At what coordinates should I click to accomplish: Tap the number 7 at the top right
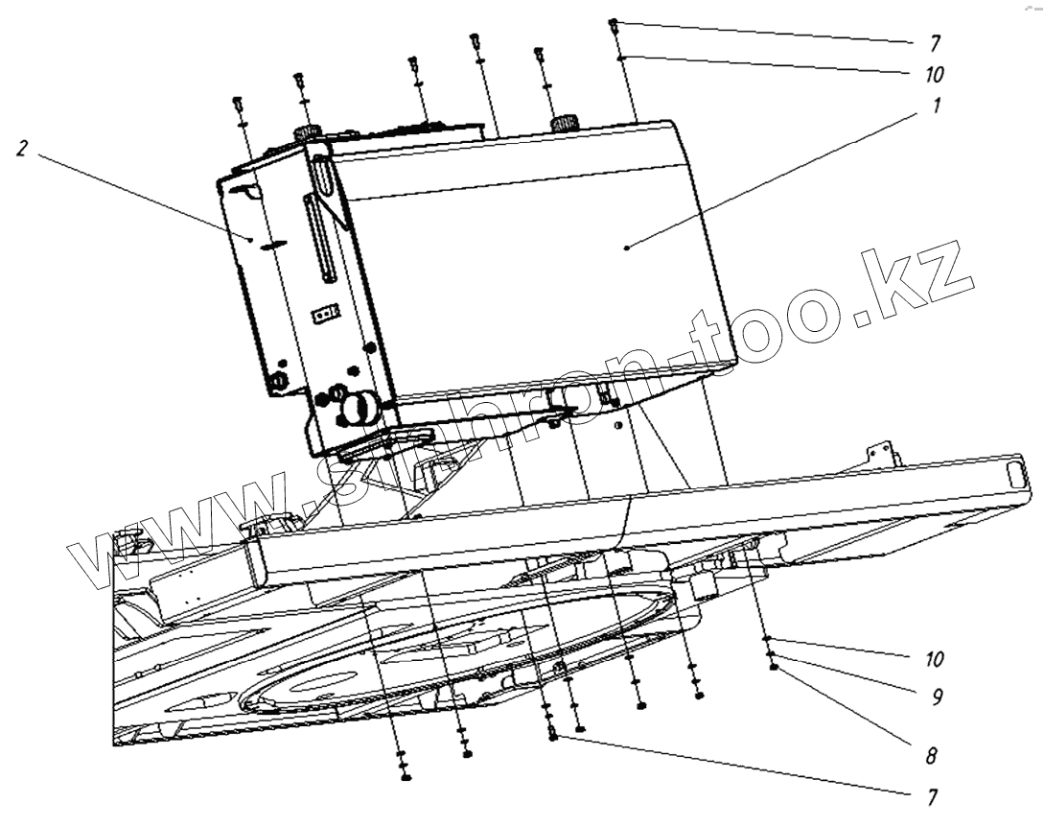(x=936, y=44)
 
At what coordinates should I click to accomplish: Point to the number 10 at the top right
(x=936, y=74)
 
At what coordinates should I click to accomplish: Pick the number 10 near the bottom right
(x=935, y=659)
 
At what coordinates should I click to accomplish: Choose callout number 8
(x=931, y=756)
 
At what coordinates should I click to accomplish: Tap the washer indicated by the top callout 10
(x=621, y=58)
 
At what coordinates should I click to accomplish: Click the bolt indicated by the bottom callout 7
(x=553, y=736)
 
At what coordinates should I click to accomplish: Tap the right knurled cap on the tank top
(x=567, y=123)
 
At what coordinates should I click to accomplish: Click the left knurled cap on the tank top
(x=307, y=131)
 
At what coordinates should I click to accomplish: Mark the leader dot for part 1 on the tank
(x=626, y=248)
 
